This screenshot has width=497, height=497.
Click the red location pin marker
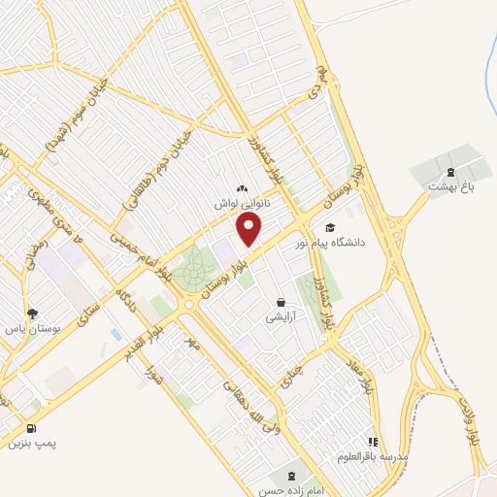point(249,229)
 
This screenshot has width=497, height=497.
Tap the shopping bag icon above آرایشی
point(282,302)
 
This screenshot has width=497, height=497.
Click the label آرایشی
point(282,317)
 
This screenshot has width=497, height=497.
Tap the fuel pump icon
point(33,428)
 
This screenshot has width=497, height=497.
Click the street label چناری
point(292,368)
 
